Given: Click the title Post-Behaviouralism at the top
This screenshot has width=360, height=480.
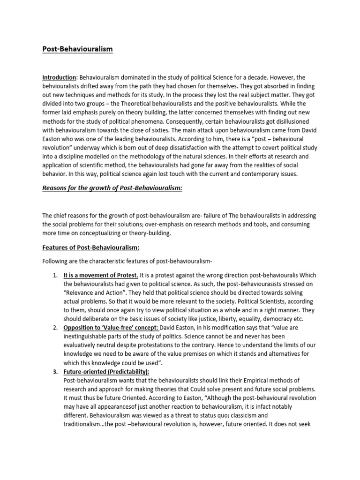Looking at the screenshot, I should click(x=77, y=49).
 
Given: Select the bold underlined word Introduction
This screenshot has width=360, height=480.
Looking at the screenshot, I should click(x=59, y=77).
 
